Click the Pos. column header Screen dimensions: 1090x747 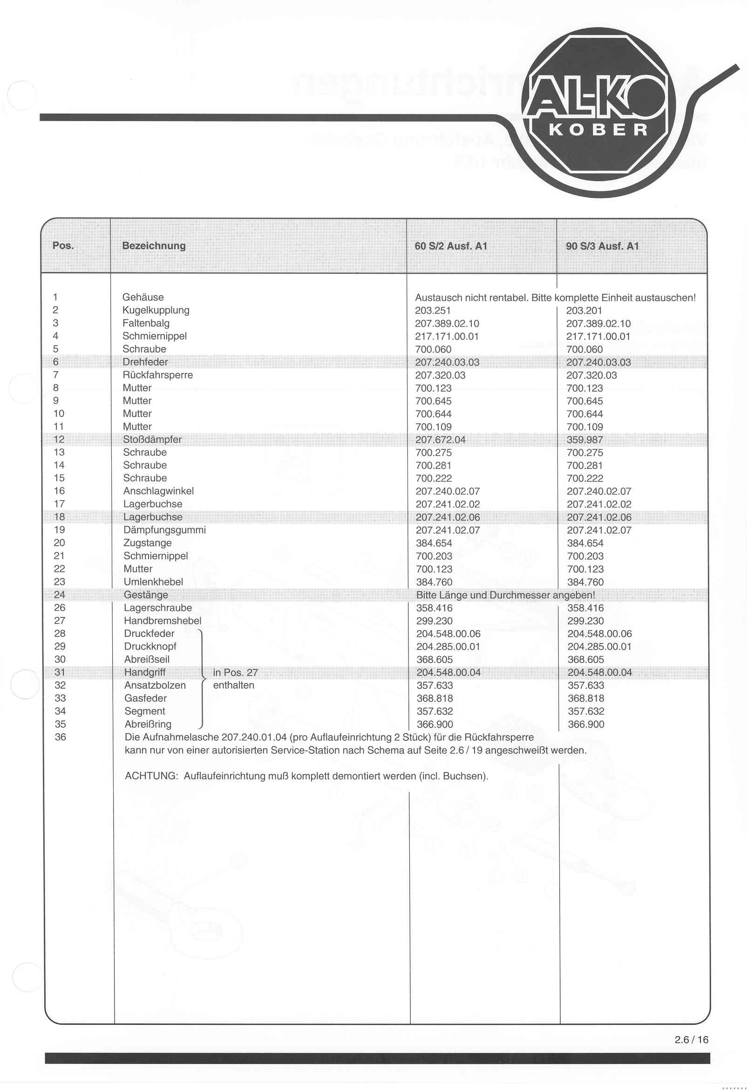(x=63, y=246)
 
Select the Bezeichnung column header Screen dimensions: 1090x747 (x=153, y=246)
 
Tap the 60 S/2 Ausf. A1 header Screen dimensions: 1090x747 (x=450, y=246)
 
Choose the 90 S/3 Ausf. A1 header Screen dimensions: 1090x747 (x=602, y=246)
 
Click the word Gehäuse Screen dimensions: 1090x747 (x=143, y=298)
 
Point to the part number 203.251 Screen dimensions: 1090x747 (x=432, y=311)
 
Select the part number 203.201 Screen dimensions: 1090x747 (x=583, y=311)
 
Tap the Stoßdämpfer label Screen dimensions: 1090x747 (x=152, y=440)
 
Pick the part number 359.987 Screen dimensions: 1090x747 (x=584, y=440)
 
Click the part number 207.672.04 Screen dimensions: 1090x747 (x=440, y=440)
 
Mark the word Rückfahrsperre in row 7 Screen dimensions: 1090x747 (x=157, y=375)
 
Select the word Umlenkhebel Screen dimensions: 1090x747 (x=153, y=582)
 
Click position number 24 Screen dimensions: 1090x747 (x=60, y=595)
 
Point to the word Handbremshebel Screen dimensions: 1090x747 (x=163, y=621)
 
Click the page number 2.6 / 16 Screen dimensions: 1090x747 (x=691, y=1040)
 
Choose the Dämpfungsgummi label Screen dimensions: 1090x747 (x=164, y=530)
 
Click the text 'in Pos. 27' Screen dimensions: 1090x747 (x=235, y=672)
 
